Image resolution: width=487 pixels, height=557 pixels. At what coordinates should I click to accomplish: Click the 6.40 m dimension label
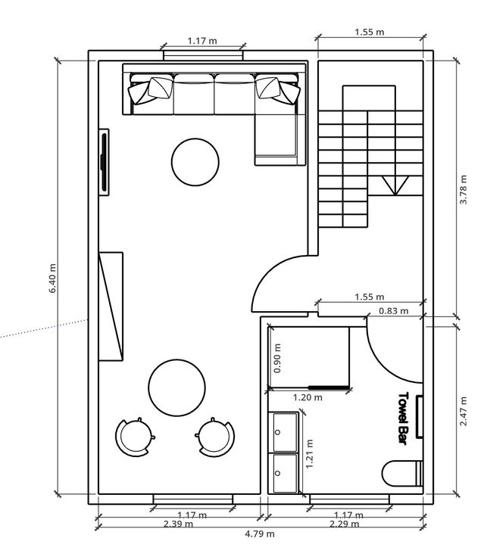point(52,278)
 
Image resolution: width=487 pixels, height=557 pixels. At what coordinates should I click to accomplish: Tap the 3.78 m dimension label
point(464,189)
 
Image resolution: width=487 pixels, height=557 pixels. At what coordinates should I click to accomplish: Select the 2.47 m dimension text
point(464,412)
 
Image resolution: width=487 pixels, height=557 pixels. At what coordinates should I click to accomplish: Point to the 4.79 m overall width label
point(260,534)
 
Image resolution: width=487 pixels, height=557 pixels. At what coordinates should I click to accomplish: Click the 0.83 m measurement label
point(394,311)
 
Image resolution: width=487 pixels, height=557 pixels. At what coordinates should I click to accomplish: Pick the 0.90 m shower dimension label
point(278,358)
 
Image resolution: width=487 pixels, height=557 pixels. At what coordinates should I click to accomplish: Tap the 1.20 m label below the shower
point(307,397)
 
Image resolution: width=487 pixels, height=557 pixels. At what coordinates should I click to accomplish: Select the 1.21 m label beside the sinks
point(310,453)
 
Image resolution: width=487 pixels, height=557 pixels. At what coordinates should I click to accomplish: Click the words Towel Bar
point(403,419)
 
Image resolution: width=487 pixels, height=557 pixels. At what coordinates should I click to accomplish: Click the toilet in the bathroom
point(403,473)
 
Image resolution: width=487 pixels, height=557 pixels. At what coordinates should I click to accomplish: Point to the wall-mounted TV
point(104,162)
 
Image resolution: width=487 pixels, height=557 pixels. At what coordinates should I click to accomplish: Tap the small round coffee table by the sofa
point(195,162)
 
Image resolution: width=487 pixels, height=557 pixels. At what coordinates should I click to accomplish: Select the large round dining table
point(176,387)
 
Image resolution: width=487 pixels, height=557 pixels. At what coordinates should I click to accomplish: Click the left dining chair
point(135,437)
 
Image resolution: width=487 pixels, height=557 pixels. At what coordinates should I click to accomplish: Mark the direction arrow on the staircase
point(395,185)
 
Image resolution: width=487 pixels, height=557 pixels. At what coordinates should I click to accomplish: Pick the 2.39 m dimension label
point(179,524)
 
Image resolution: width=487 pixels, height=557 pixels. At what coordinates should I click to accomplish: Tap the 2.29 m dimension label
point(344,524)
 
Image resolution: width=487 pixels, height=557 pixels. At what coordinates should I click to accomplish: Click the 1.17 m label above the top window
point(202,41)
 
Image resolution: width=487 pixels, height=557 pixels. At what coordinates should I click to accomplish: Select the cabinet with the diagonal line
point(111,307)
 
